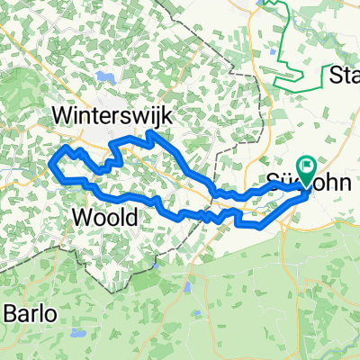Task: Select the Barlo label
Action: click(x=29, y=314)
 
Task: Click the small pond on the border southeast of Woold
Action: click(x=188, y=289)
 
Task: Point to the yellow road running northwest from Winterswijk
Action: click(x=36, y=54)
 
